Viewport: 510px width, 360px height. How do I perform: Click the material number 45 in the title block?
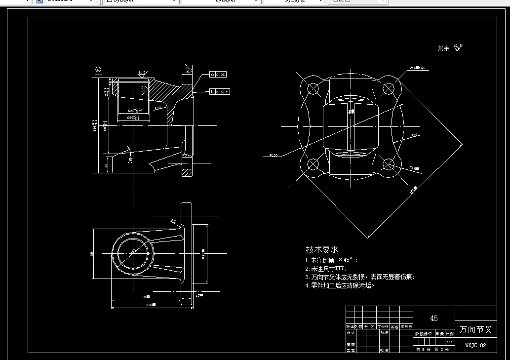[433, 319]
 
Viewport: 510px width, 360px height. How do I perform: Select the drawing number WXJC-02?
[475, 345]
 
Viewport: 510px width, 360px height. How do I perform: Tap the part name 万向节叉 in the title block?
[475, 329]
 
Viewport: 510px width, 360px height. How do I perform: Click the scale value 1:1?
[449, 342]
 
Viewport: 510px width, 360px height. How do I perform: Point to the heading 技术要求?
[322, 250]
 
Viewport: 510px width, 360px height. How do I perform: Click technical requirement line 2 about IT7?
[326, 269]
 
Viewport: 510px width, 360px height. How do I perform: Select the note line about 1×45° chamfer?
[331, 260]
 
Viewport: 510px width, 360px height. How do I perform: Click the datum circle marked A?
[99, 69]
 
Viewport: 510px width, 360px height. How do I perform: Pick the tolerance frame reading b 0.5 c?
[220, 92]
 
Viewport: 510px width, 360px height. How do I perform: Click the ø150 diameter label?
[273, 155]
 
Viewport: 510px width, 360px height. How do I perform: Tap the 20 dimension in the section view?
[107, 165]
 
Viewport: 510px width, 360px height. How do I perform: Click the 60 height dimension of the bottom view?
[92, 254]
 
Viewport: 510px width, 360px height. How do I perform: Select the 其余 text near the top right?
[443, 48]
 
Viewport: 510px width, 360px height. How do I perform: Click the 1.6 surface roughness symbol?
[142, 89]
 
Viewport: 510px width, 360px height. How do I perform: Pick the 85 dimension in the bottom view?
[146, 297]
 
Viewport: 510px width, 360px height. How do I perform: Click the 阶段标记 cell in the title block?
[424, 334]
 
